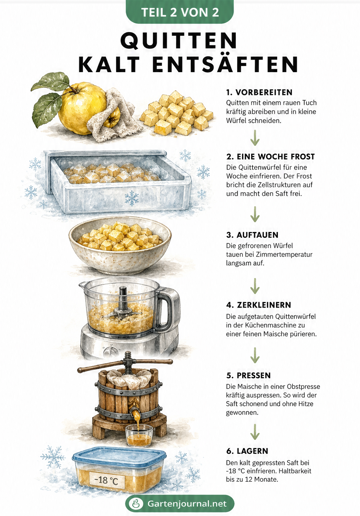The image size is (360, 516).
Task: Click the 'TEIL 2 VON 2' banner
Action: [x=180, y=12]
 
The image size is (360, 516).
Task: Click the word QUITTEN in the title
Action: [x=179, y=40]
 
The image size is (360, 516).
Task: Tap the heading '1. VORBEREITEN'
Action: [x=259, y=92]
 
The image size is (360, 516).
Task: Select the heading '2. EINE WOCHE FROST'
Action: [x=270, y=157]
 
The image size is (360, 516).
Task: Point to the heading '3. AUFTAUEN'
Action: [x=252, y=235]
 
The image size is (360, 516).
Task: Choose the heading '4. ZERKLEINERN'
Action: [x=259, y=305]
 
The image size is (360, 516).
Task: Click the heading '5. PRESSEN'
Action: [x=248, y=375]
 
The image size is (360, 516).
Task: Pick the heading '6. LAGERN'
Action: [x=247, y=451]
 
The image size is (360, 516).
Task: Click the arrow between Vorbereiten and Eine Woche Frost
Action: [x=255, y=138]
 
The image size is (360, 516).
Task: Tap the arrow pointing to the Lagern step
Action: [x=255, y=432]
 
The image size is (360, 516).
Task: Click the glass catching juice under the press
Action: [x=139, y=435]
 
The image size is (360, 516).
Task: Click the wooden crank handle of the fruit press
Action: [x=125, y=366]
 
